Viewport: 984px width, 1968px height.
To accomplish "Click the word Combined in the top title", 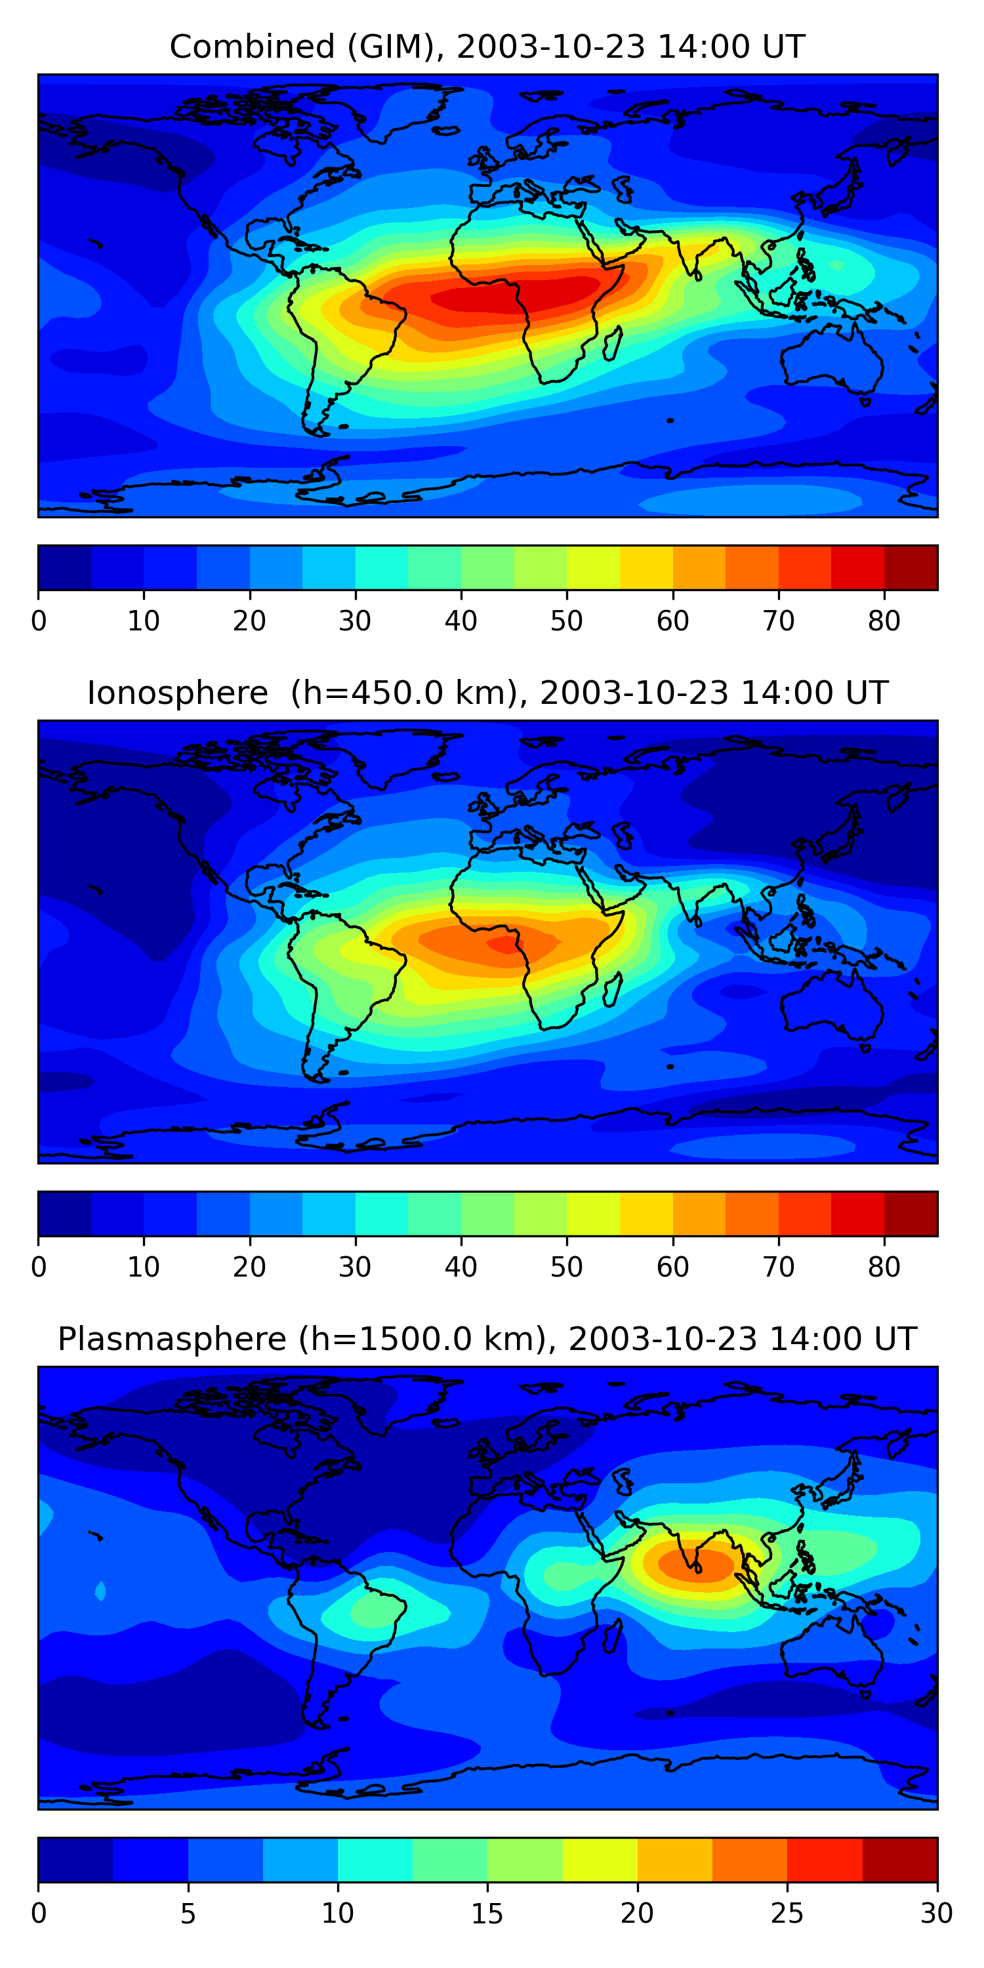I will (252, 47).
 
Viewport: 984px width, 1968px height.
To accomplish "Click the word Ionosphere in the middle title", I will (177, 693).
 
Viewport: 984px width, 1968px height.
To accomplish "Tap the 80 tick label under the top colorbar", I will (884, 621).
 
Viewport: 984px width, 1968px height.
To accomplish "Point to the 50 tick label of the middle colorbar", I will (566, 1267).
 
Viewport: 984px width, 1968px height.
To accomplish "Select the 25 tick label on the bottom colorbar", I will (787, 1913).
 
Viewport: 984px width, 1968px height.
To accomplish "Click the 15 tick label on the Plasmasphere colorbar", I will (487, 1913).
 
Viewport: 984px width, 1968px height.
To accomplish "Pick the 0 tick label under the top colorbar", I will (39, 621).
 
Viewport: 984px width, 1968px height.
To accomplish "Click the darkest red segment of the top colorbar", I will (911, 567).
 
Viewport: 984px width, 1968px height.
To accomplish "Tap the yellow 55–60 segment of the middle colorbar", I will (646, 1213).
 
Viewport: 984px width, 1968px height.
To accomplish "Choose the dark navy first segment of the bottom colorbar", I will (75, 1860).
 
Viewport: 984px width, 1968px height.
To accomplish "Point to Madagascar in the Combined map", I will (613, 343).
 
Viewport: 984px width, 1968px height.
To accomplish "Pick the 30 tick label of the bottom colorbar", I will (937, 1913).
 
